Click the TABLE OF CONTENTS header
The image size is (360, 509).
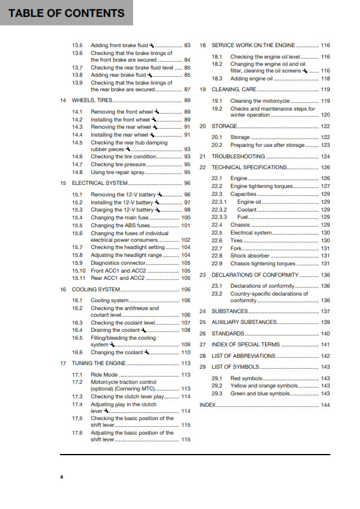[x=67, y=13]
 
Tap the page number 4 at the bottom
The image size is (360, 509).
[x=61, y=478]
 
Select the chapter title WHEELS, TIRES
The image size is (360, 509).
[x=92, y=100]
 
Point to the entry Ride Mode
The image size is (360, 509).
[x=104, y=375]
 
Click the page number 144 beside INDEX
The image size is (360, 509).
[x=326, y=404]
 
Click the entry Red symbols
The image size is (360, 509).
[x=244, y=378]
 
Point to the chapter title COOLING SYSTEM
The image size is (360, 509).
[x=96, y=290]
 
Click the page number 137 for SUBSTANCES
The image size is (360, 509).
[x=326, y=311]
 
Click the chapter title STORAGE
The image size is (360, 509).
[x=224, y=126]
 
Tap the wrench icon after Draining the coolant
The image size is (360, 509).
[x=144, y=330]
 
